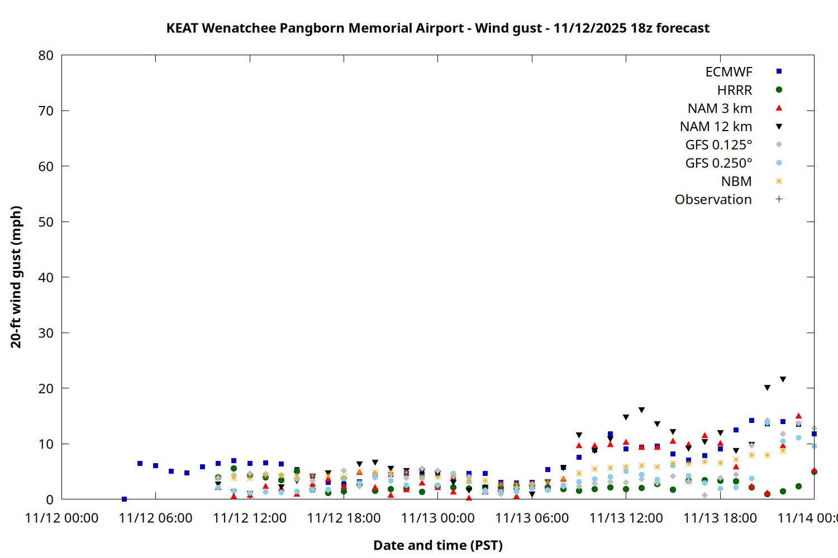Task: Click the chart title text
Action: tap(437, 28)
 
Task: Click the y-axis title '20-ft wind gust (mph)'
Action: tap(16, 277)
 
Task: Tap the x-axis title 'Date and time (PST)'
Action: tap(437, 545)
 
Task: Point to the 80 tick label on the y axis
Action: tap(46, 55)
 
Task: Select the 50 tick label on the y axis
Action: tap(46, 222)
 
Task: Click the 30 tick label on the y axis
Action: tap(46, 333)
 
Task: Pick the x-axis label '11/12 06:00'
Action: tap(155, 518)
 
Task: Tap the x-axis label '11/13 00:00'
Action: tap(437, 518)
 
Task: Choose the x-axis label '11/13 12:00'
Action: tap(626, 518)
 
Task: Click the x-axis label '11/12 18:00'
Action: tap(344, 518)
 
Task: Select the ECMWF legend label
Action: tap(729, 72)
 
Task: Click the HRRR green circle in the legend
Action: tap(779, 90)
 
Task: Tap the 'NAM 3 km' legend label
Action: tap(720, 108)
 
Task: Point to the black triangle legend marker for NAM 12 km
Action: tap(779, 127)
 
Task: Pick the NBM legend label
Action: tap(736, 181)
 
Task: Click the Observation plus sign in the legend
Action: tap(779, 199)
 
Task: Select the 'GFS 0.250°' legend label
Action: tap(718, 163)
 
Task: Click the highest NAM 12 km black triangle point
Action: tap(783, 379)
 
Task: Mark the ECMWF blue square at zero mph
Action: tap(124, 499)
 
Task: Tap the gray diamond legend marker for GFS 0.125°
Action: tap(779, 145)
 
